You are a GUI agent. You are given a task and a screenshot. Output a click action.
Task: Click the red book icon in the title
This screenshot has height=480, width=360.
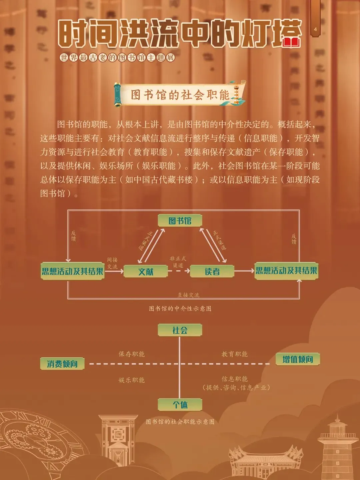[292, 42]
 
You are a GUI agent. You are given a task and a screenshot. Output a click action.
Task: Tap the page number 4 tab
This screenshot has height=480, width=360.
[315, 29]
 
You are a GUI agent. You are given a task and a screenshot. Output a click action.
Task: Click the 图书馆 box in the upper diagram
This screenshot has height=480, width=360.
[180, 221]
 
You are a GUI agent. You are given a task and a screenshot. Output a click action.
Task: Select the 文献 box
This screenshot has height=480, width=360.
[146, 272]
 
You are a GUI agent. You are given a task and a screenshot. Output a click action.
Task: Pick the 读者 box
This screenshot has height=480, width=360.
[212, 272]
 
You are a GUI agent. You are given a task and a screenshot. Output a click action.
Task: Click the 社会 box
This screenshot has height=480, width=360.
[180, 330]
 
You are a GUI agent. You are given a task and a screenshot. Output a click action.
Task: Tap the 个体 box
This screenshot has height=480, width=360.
[180, 405]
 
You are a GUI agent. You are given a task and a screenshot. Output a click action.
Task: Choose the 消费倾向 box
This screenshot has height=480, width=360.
[62, 364]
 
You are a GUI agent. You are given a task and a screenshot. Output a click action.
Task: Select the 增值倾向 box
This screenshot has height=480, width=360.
[298, 359]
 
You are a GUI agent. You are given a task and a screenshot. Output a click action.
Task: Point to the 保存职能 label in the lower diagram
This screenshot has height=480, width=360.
[132, 354]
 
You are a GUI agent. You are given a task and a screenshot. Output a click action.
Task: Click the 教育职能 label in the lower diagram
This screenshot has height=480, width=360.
[235, 354]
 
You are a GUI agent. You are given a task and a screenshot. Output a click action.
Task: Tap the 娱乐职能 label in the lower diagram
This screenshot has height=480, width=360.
[132, 380]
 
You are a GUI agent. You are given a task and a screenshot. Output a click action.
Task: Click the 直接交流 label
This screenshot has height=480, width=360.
[188, 295]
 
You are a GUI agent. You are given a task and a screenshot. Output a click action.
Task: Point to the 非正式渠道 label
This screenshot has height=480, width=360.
[178, 262]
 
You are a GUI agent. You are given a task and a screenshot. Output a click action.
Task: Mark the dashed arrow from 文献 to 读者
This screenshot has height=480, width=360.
[179, 271]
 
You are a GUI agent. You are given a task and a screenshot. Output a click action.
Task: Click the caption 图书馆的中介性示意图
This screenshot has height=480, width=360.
[180, 309]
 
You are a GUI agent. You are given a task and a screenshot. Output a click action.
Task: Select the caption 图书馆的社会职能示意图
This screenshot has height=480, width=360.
[180, 422]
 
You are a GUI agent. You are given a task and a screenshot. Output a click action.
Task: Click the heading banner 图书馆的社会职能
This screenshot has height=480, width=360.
[180, 95]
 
